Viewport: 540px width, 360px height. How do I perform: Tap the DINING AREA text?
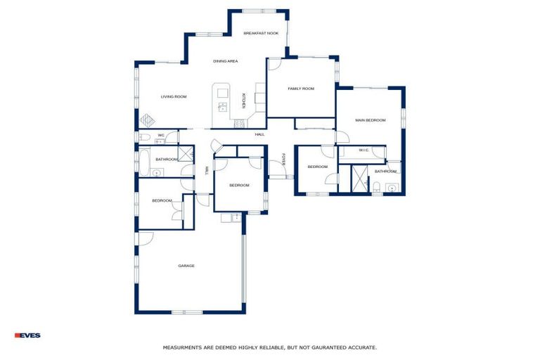(226, 61)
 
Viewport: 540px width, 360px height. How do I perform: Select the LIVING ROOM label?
(173, 96)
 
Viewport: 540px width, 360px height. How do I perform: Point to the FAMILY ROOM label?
(300, 89)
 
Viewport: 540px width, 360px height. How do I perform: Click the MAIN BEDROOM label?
(370, 120)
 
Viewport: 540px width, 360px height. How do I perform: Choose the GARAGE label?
(186, 266)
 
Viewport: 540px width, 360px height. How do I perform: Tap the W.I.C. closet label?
(364, 150)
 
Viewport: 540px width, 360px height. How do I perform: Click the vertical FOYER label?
(283, 160)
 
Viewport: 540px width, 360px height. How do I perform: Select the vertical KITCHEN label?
(244, 101)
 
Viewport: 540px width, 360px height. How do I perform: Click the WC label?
(161, 135)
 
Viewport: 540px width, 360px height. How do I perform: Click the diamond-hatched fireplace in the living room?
(147, 120)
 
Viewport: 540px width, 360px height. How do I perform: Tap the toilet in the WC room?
(143, 137)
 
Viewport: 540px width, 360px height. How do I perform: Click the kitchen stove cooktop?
(239, 124)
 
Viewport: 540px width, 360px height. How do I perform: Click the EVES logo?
(27, 335)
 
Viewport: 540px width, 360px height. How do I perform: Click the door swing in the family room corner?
(275, 64)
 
